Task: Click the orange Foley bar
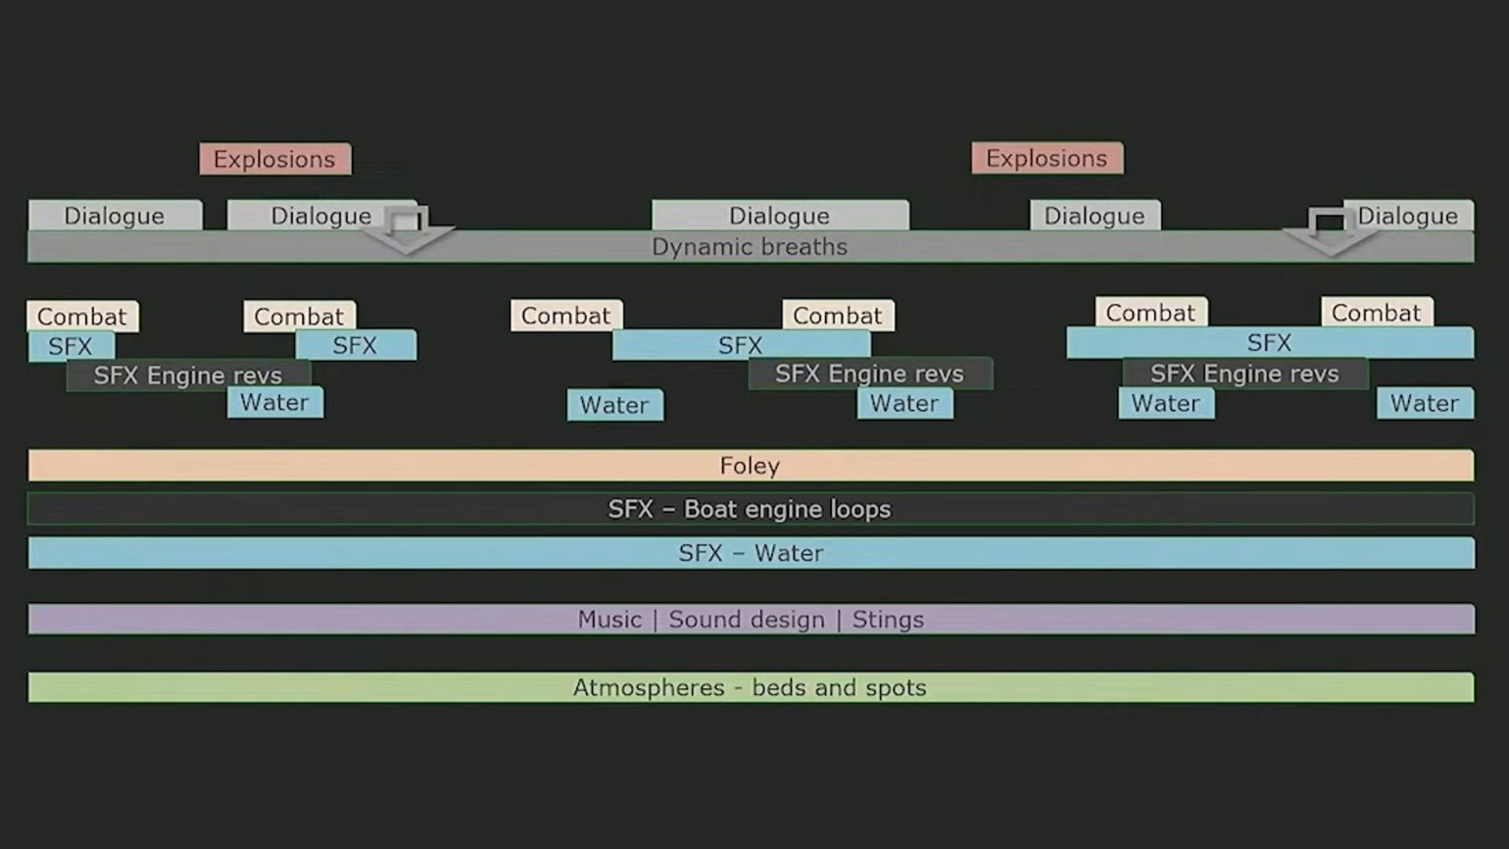pyautogui.click(x=750, y=466)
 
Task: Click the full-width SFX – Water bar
pyautogui.click(x=751, y=553)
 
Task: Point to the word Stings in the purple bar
pyautogui.click(x=888, y=620)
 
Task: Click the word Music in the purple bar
pyautogui.click(x=609, y=620)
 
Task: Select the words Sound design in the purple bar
pyautogui.click(x=746, y=620)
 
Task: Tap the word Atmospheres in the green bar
pyautogui.click(x=649, y=688)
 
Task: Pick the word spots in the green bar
pyautogui.click(x=896, y=688)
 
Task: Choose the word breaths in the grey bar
pyautogui.click(x=809, y=247)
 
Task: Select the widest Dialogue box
pyautogui.click(x=779, y=216)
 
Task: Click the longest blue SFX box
pyautogui.click(x=1269, y=343)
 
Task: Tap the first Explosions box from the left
pyautogui.click(x=274, y=159)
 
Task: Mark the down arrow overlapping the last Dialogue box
pyautogui.click(x=1328, y=232)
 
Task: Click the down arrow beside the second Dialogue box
pyautogui.click(x=407, y=232)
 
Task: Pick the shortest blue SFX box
pyautogui.click(x=71, y=346)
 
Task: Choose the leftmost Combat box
pyautogui.click(x=82, y=317)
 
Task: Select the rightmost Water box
pyautogui.click(x=1424, y=404)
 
